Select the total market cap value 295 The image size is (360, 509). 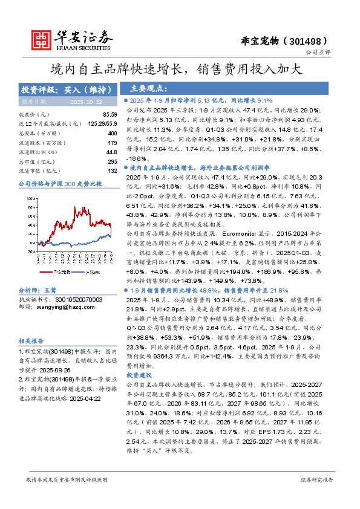[112, 162]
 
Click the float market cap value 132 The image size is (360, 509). [112, 172]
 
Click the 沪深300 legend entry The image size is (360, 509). [92, 271]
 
